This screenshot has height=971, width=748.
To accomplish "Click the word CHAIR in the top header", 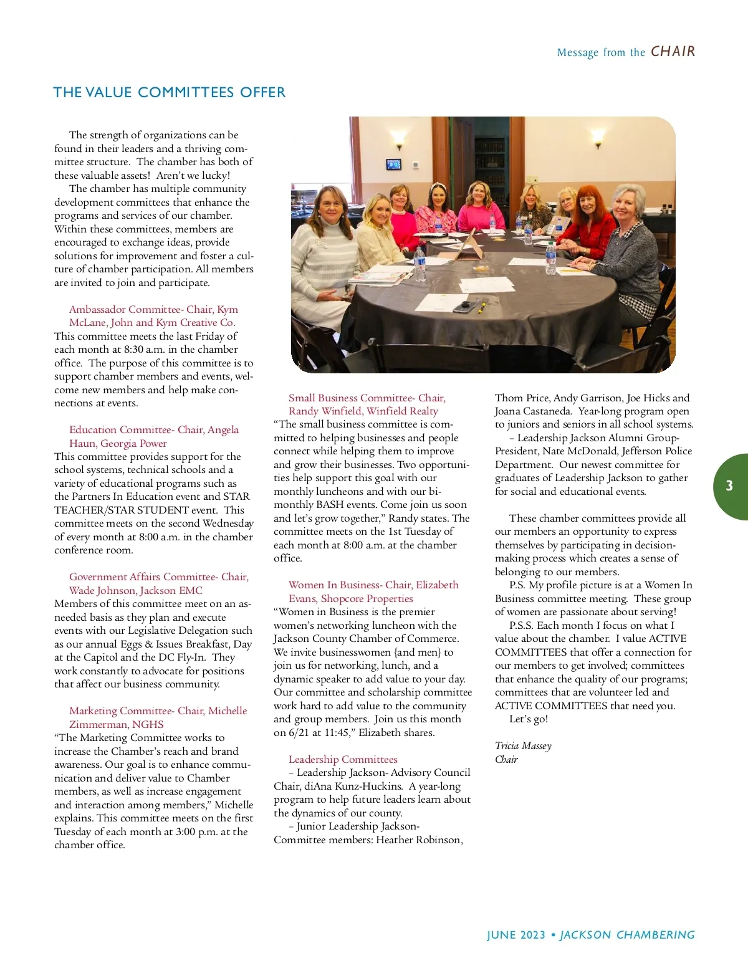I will [x=673, y=52].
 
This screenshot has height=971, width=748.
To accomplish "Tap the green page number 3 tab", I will [x=729, y=486].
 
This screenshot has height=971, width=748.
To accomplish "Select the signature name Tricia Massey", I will [x=523, y=745].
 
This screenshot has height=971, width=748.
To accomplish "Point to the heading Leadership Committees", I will [x=343, y=759].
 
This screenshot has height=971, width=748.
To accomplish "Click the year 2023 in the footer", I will [x=532, y=935].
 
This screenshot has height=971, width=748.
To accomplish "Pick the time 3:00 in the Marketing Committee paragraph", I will [x=181, y=831].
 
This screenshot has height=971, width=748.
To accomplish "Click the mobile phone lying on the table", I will [x=465, y=307].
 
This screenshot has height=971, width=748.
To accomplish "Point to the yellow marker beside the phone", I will [x=482, y=307].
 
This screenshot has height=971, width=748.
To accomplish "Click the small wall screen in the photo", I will [x=394, y=165].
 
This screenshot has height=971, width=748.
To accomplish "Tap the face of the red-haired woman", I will [x=588, y=201].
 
